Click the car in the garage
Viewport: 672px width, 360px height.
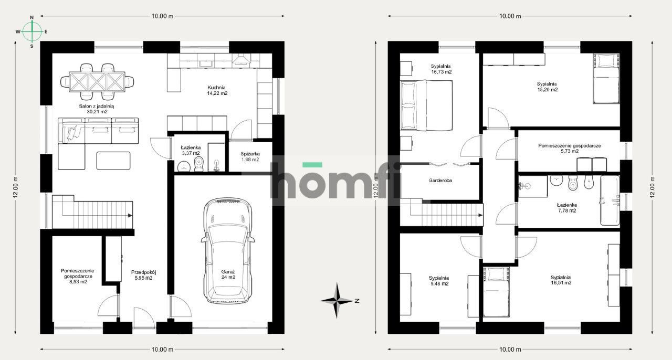pos(228,251)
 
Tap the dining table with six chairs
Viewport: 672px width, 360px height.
pos(97,81)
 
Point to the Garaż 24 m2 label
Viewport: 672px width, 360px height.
pos(228,274)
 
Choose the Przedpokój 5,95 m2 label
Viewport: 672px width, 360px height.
pos(144,275)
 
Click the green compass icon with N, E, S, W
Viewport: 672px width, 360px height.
pos(32,31)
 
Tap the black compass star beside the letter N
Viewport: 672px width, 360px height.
pos(337,301)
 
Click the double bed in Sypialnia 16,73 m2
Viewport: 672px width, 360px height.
pos(426,105)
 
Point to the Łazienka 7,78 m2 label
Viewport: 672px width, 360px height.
pos(567,208)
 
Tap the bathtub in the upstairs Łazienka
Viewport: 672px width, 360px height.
pos(610,200)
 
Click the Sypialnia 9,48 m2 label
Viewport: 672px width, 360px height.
pos(438,281)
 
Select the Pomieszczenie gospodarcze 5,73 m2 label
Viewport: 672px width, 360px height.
pos(569,148)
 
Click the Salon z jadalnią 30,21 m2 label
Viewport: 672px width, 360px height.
pos(93,109)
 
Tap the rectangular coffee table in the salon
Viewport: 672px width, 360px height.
pos(113,161)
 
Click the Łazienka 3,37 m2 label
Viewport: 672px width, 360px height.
pos(191,151)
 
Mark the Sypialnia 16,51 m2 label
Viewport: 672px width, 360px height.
pos(560,280)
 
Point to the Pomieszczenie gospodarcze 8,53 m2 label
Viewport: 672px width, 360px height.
pos(77,276)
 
